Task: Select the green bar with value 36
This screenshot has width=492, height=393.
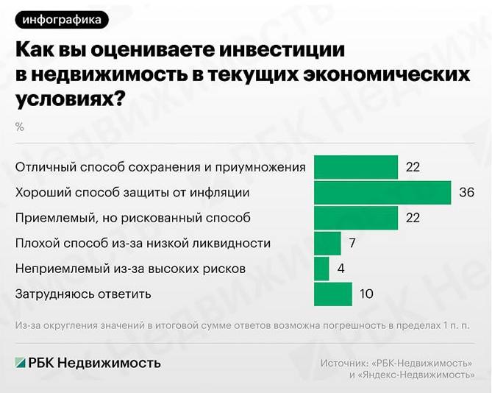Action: [x=382, y=193]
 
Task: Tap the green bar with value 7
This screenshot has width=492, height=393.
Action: [x=327, y=243]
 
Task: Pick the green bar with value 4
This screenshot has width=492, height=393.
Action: [x=321, y=269]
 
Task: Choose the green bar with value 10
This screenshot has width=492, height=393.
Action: [x=332, y=294]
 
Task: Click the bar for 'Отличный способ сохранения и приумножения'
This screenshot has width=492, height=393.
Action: [x=356, y=167]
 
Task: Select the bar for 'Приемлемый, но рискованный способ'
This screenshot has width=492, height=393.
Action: [x=356, y=218]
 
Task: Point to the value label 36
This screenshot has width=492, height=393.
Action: [x=466, y=193]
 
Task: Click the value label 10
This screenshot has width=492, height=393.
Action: [x=366, y=294]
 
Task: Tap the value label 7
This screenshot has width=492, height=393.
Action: [x=353, y=243]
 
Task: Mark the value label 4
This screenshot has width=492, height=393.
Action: [x=341, y=269]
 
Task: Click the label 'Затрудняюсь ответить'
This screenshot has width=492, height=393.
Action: [x=83, y=294]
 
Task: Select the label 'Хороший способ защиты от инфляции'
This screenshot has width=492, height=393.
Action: [x=132, y=193]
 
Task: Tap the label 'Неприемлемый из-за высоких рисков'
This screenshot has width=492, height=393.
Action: [x=130, y=269]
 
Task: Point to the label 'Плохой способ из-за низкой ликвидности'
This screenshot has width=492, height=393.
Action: [x=143, y=243]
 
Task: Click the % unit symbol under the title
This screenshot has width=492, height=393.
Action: [x=20, y=127]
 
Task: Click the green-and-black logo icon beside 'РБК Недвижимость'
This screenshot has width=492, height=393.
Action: [x=20, y=362]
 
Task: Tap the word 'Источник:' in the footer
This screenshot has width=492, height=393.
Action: [x=345, y=363]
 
